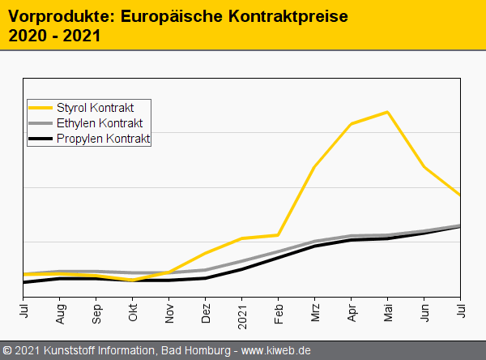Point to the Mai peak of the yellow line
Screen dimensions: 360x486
click(388, 112)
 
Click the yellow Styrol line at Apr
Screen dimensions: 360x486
click(352, 123)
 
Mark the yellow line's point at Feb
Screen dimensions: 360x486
click(279, 235)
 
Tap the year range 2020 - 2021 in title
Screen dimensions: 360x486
click(53, 36)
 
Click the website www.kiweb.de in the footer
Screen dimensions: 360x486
click(276, 350)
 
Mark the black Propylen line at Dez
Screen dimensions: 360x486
click(206, 278)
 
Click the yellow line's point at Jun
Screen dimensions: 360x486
click(424, 167)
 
